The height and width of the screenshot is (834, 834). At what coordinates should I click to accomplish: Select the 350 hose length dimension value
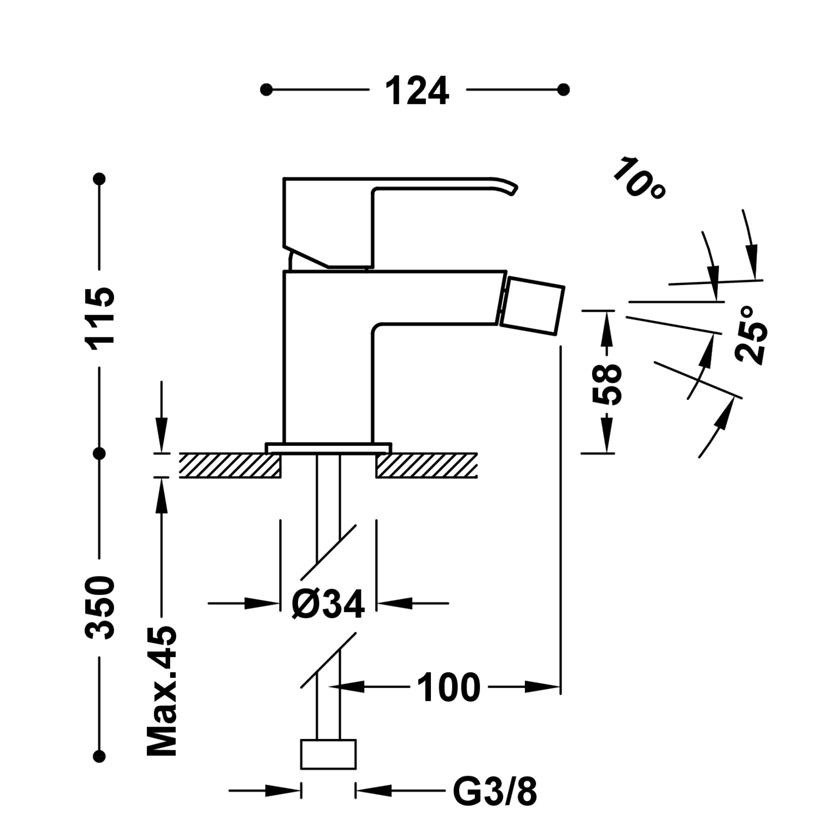pyautogui.click(x=100, y=607)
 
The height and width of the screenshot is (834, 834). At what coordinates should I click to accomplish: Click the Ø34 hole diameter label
pyautogui.click(x=328, y=604)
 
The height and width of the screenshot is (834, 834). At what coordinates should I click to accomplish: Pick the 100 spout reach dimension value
pyautogui.click(x=448, y=688)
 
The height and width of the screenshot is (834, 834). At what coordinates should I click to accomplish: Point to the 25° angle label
pyautogui.click(x=752, y=335)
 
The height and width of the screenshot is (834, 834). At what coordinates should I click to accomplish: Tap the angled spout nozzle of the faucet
pyautogui.click(x=533, y=307)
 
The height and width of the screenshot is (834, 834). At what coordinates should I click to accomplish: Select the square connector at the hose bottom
pyautogui.click(x=328, y=754)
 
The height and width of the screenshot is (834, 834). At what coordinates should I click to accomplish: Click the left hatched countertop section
pyautogui.click(x=230, y=465)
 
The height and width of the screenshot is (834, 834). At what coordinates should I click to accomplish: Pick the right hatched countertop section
pyautogui.click(x=426, y=465)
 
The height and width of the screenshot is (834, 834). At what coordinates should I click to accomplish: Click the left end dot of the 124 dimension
pyautogui.click(x=266, y=90)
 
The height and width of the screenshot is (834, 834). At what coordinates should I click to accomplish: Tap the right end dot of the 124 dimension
pyautogui.click(x=564, y=90)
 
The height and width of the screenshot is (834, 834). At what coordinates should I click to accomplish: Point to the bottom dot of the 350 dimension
pyautogui.click(x=100, y=756)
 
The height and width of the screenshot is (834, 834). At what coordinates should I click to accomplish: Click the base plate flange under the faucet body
pyautogui.click(x=329, y=448)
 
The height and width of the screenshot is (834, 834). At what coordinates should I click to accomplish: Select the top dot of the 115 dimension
pyautogui.click(x=100, y=179)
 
